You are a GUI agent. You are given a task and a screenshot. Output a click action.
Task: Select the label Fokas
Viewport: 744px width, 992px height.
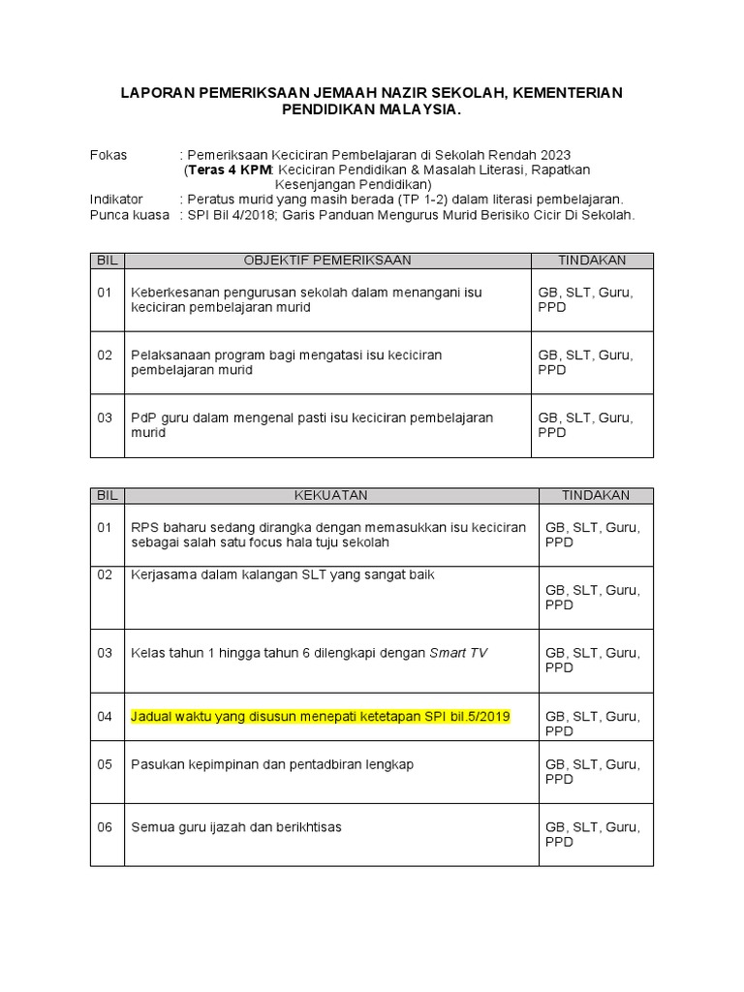108,155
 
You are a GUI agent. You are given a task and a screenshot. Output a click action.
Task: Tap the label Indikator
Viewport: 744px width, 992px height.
116,199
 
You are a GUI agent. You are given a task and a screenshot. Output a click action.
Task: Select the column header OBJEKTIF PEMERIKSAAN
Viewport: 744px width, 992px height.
327,261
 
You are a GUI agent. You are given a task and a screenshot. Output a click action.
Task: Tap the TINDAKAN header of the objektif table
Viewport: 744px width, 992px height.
592,261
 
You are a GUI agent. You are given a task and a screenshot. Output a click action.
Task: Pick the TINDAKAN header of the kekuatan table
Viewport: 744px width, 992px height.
596,495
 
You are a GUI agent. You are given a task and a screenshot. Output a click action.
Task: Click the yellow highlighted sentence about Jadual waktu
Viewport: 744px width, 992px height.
321,716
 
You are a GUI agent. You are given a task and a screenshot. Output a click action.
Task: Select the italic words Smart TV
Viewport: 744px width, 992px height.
458,653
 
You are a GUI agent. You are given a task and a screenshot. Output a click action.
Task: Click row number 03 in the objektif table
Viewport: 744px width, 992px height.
105,418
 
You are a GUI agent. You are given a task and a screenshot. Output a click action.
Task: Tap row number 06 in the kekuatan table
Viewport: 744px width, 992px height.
105,827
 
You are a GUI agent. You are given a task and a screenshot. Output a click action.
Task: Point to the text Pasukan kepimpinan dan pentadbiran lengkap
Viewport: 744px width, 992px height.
272,764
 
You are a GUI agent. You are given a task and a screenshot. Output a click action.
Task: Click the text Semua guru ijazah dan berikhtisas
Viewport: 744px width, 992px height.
236,827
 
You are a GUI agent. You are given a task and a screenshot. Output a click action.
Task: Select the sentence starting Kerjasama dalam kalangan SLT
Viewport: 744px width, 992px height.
283,574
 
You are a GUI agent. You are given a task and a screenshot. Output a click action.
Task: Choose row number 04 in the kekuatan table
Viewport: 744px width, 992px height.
105,716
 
